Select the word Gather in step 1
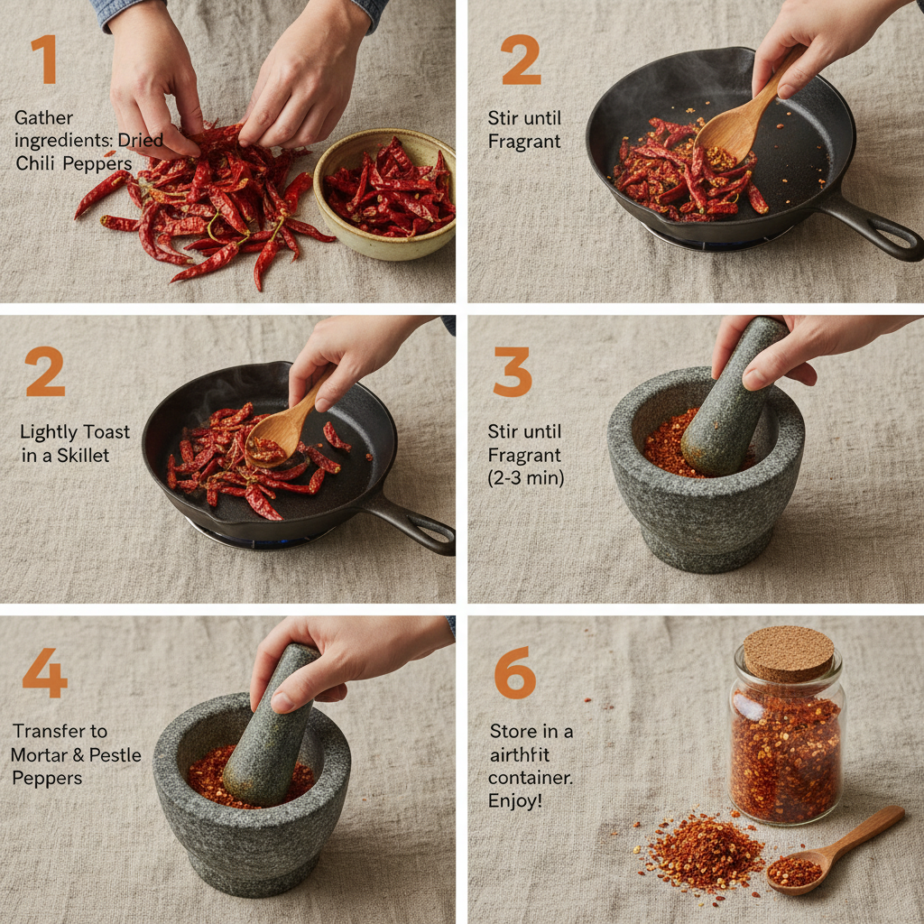pos(44,118)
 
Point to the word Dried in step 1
pos(141,141)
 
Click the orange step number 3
pos(513,372)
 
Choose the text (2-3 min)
pos(526,478)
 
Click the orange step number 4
pos(44,672)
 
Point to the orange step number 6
pos(514,672)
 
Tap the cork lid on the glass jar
pos(788,652)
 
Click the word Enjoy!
pos(515,800)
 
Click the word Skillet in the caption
pos(83,456)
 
